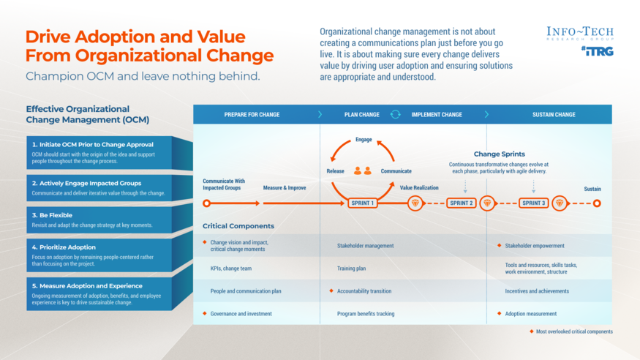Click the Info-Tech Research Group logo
[x=580, y=34]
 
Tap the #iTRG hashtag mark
[x=597, y=51]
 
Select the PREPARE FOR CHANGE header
[x=252, y=115]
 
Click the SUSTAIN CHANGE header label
[x=554, y=115]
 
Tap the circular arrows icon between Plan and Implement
[x=395, y=114]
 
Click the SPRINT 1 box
[x=363, y=203]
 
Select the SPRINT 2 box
[x=461, y=203]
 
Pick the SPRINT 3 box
[x=533, y=203]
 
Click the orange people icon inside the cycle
[x=363, y=170]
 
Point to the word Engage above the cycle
[x=364, y=139]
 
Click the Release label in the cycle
[x=335, y=171]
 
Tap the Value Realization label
[x=419, y=188]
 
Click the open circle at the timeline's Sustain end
[x=597, y=203]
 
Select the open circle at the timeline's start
[x=207, y=203]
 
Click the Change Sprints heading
[x=499, y=154]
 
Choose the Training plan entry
[x=352, y=269]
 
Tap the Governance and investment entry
[x=241, y=314]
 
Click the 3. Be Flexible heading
[x=52, y=216]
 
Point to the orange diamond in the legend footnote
[x=532, y=331]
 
